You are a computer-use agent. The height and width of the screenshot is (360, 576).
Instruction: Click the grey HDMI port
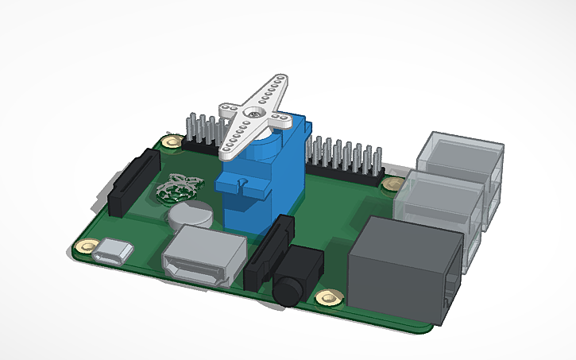[x=201, y=256]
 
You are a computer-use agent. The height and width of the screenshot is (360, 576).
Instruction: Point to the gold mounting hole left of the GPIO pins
[x=170, y=142]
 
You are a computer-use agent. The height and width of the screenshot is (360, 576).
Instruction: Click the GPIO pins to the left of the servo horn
[x=202, y=131]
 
